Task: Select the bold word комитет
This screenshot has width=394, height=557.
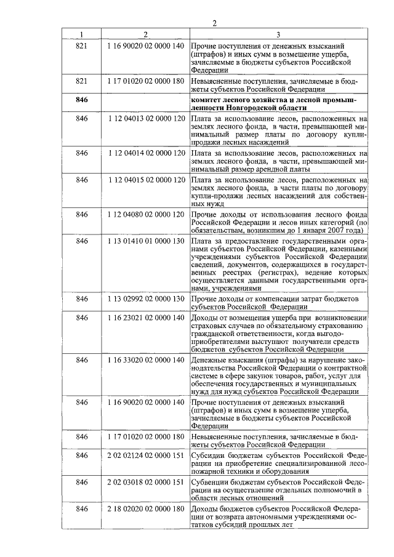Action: [208, 99]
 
